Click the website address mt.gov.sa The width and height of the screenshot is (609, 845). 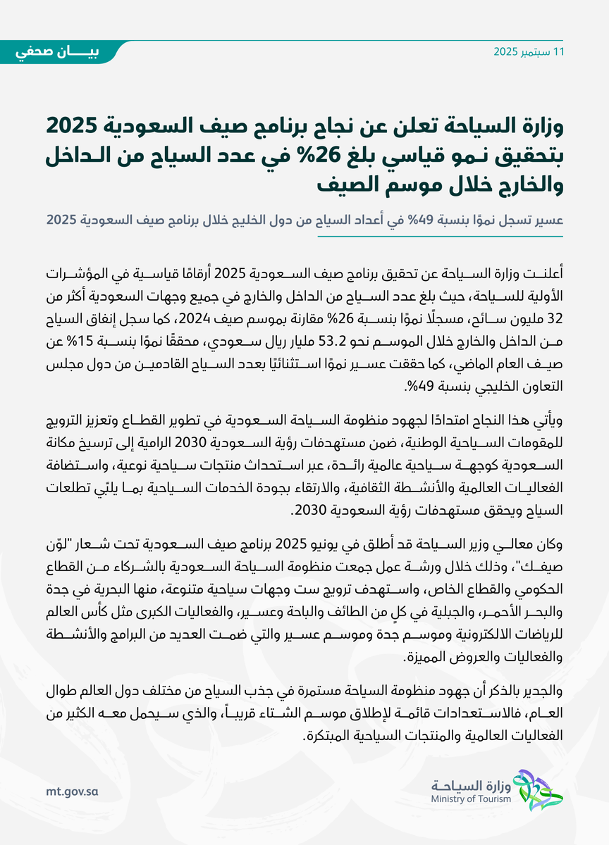tap(70, 791)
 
